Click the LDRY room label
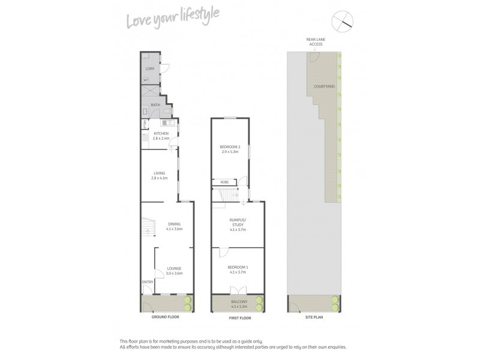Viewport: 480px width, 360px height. click(150, 68)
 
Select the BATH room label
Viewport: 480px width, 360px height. click(155, 105)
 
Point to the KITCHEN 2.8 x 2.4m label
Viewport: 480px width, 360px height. click(161, 136)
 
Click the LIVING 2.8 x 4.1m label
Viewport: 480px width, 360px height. click(159, 176)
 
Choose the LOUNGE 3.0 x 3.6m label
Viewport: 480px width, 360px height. click(175, 270)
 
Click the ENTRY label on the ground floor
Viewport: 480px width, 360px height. click(148, 282)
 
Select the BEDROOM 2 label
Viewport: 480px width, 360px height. click(230, 149)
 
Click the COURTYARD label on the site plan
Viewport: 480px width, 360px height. click(324, 86)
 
